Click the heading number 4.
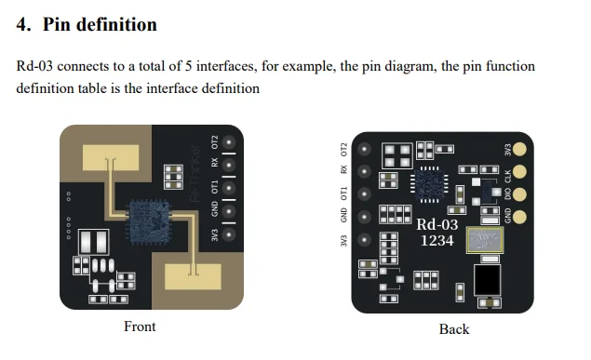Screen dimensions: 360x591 pos(22,25)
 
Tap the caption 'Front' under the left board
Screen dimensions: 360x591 pos(140,327)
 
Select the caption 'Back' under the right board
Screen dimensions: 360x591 pos(454,328)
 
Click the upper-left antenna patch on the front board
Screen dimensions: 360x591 pos(110,157)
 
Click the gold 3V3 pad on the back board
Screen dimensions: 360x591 pos(521,149)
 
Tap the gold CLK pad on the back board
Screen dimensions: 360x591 pos(521,171)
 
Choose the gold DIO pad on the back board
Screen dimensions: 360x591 pos(521,193)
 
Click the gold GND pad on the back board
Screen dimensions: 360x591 pos(521,215)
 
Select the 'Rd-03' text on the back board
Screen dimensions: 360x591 pos(437,224)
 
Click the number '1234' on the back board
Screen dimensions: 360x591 pos(437,240)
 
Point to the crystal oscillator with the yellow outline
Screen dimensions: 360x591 pos(484,241)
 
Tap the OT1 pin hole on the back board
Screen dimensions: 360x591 pos(364,194)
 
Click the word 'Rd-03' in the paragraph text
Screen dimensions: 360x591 pos(35,67)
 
